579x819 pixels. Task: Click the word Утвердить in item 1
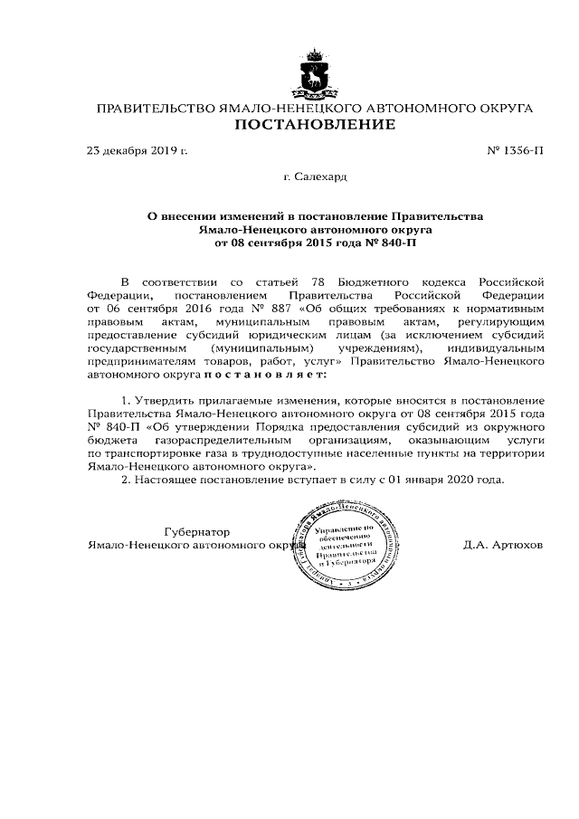click(166, 399)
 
